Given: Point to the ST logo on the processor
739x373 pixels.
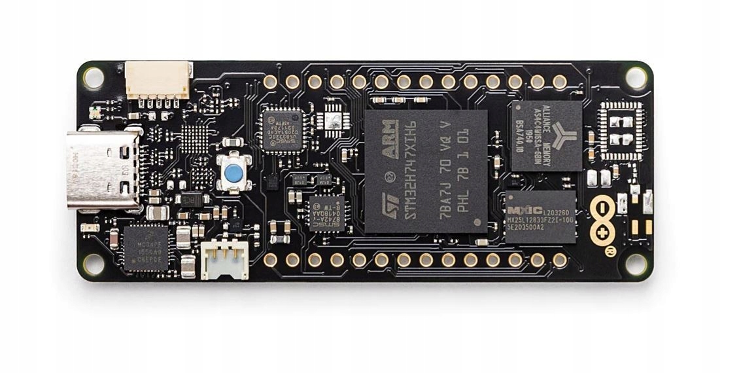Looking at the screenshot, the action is (x=390, y=203).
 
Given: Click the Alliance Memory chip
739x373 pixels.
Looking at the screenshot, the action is (x=546, y=135).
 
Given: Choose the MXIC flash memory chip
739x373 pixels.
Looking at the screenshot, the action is (x=540, y=217).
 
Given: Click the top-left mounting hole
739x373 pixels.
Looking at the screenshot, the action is (x=92, y=78).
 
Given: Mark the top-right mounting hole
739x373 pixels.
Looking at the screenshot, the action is (x=636, y=78).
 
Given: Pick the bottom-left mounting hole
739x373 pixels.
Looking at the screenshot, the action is (x=92, y=264).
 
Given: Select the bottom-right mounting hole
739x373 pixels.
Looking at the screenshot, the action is (x=636, y=264).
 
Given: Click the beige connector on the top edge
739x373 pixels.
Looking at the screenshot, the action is (x=158, y=79).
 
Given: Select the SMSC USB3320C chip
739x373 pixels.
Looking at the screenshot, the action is (x=282, y=130).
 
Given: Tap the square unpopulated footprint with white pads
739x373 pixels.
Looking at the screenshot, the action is (x=621, y=130).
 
